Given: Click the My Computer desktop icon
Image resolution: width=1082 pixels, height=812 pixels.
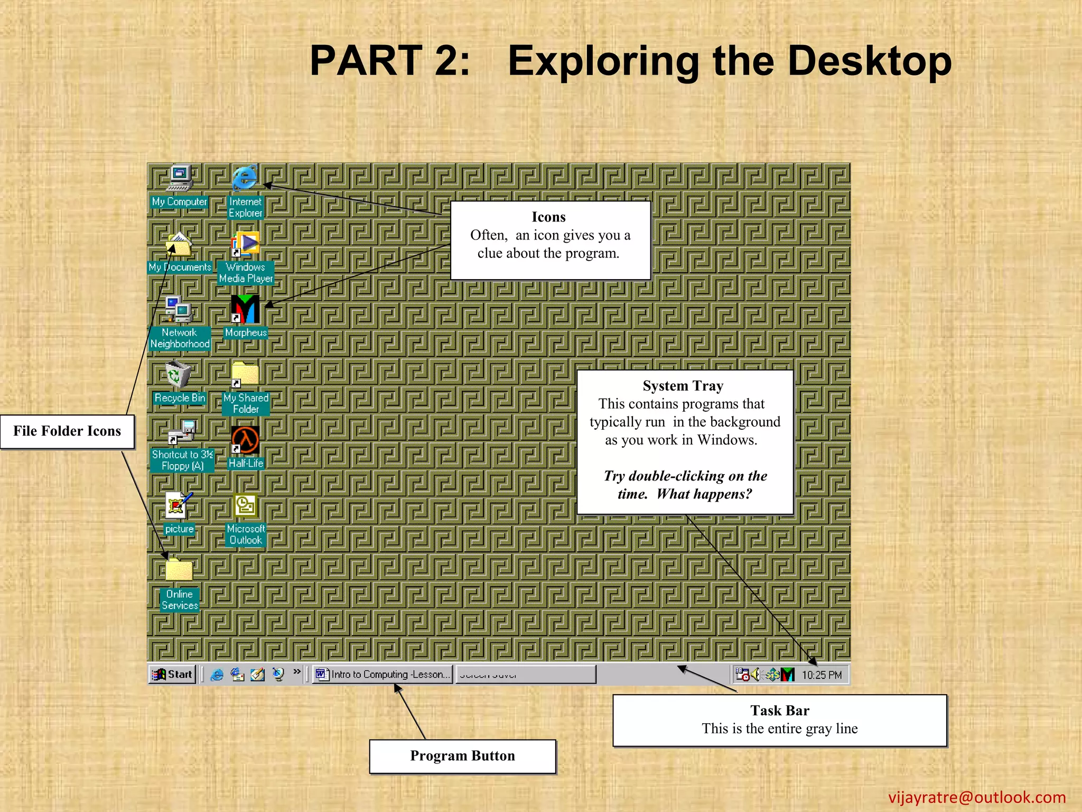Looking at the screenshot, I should [180, 179].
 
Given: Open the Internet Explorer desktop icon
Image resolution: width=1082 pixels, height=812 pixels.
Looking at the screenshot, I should [245, 178].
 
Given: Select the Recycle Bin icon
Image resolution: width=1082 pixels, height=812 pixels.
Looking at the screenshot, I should [178, 375].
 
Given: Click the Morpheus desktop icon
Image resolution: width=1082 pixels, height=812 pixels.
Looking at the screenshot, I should [245, 309].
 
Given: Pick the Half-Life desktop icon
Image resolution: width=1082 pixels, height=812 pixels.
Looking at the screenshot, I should [245, 440].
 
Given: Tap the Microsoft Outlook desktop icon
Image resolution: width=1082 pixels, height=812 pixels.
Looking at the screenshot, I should [246, 506].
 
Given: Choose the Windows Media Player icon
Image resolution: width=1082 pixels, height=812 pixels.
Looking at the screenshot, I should [245, 244].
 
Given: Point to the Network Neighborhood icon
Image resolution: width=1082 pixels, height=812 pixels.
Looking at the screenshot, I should [179, 310].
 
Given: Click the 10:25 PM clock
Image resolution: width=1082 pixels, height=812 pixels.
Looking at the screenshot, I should [822, 675].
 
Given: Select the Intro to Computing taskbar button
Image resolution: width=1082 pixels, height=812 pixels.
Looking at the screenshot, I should [383, 675].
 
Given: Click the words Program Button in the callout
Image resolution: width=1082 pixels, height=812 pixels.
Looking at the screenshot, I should [462, 756].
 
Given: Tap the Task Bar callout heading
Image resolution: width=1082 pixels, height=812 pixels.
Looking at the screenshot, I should [779, 710].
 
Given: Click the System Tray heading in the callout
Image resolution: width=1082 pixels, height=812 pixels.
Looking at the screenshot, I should [683, 386].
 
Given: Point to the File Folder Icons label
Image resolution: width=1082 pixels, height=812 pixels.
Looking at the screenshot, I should [67, 431].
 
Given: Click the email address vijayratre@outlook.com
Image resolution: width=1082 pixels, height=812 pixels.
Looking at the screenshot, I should [977, 797].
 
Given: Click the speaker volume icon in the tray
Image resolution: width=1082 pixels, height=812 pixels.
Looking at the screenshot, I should [756, 675].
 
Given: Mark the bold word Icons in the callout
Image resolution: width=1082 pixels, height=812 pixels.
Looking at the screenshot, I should [548, 217].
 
